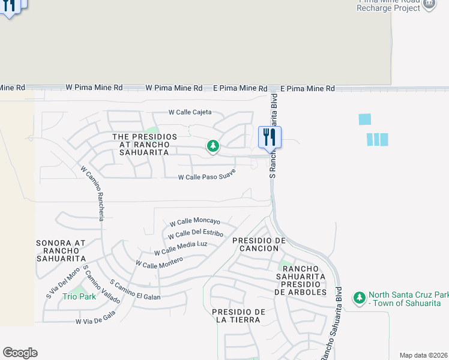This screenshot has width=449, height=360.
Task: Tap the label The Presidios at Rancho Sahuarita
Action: point(145,145)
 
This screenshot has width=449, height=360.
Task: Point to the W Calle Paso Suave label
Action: point(206,175)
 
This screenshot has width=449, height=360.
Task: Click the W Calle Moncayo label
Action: point(194,222)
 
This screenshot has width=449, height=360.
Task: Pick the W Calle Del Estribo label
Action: point(196,234)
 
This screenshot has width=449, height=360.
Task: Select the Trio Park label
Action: point(79,296)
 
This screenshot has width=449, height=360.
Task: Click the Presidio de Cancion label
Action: point(258,244)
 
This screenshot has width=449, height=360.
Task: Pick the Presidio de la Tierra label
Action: point(238,316)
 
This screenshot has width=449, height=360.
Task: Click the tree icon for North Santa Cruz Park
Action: point(360,298)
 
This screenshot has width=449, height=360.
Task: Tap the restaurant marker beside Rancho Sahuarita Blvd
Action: point(270,137)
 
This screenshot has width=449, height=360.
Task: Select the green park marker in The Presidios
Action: point(212,146)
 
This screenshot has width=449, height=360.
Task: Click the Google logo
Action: point(20,353)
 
